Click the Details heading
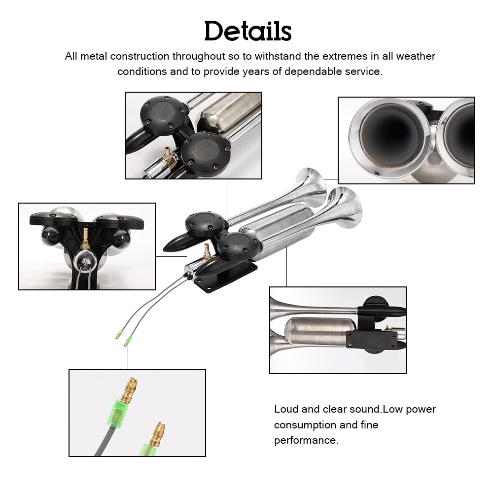[248, 32]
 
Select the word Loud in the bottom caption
[285, 409]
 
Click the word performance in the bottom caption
[306, 440]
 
